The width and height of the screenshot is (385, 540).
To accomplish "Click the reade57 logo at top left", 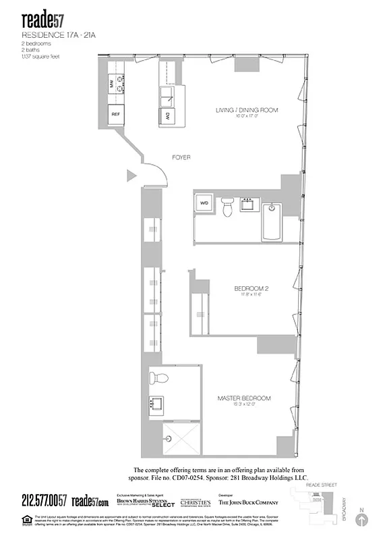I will pyautogui.click(x=41, y=18).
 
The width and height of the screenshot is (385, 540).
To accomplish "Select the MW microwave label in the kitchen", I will pyautogui.click(x=112, y=84).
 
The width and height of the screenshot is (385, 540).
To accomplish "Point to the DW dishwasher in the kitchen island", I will pyautogui.click(x=167, y=116).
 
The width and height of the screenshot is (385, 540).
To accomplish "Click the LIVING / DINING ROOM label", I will pyautogui.click(x=247, y=110).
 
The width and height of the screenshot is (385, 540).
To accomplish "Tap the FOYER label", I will pyautogui.click(x=181, y=157).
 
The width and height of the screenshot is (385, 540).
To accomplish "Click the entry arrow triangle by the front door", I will pyautogui.click(x=131, y=176).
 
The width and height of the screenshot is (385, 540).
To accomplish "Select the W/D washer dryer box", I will pyautogui.click(x=204, y=202).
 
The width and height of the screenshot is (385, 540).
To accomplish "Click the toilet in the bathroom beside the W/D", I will pyautogui.click(x=228, y=208).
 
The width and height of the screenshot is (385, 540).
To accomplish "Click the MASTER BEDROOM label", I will pyautogui.click(x=244, y=398).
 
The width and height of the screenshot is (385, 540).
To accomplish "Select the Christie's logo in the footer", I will pyautogui.click(x=195, y=503).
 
